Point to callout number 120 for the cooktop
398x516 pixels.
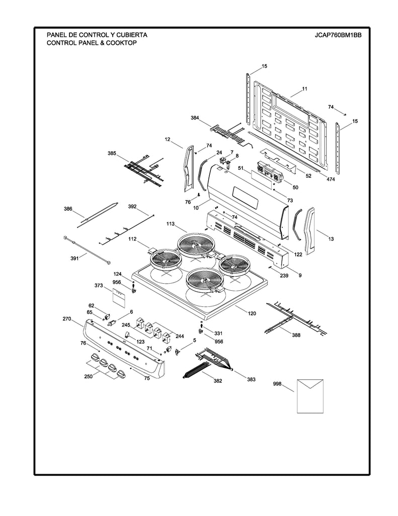pyautogui.click(x=252, y=313)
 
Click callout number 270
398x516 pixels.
pyautogui.click(x=67, y=319)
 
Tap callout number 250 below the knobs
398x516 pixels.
pyautogui.click(x=89, y=376)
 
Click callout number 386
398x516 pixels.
pyautogui.click(x=68, y=208)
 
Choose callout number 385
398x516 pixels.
pyautogui.click(x=112, y=153)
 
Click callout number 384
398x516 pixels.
pyautogui.click(x=195, y=118)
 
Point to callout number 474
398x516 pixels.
pyautogui.click(x=331, y=179)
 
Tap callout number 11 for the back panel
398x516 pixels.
pyautogui.click(x=304, y=89)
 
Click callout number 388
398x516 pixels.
pyautogui.click(x=296, y=336)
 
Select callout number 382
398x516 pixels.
pyautogui.click(x=217, y=381)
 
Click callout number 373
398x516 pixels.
pyautogui.click(x=99, y=286)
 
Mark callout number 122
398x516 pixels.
pyautogui.click(x=298, y=254)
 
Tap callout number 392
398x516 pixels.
pyautogui.click(x=132, y=207)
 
